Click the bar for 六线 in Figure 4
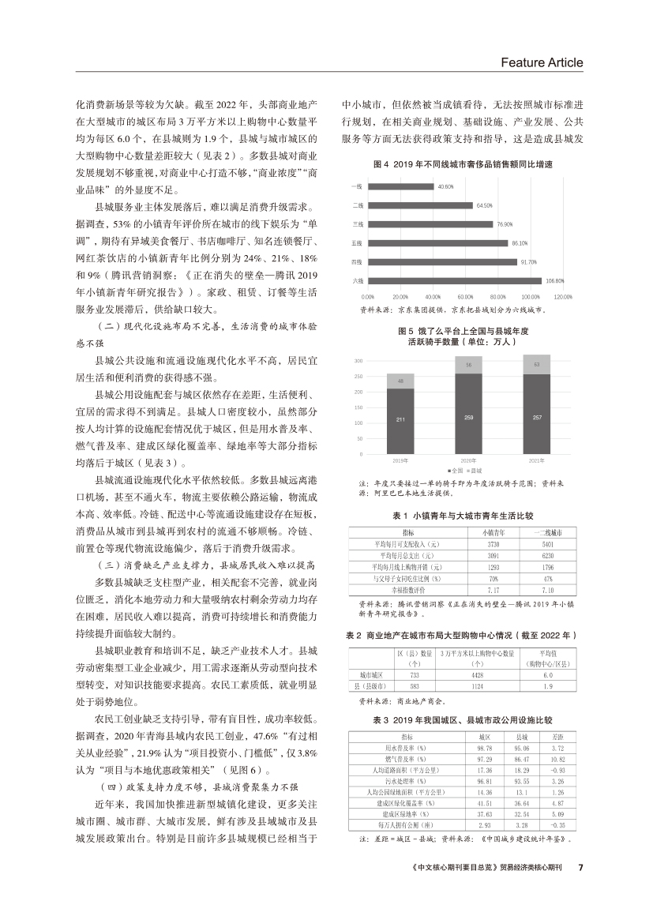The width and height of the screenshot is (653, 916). pos(452,280)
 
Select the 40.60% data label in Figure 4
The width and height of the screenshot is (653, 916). pos(445,187)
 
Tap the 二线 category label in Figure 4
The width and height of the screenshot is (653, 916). pos(357,205)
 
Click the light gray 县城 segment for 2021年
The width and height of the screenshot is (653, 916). pos(537,365)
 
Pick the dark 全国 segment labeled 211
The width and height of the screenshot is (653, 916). pos(401,420)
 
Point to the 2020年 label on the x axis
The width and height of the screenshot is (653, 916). pos(469,460)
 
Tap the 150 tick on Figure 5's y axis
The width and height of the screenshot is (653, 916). pos(358,407)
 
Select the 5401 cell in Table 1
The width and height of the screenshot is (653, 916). pos(548,544)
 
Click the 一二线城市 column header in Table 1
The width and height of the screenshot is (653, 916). pos(548,533)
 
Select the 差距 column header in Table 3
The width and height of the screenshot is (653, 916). pos(554,736)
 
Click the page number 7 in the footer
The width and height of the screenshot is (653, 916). pos(580,866)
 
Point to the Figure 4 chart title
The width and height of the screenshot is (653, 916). pos(462,165)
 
